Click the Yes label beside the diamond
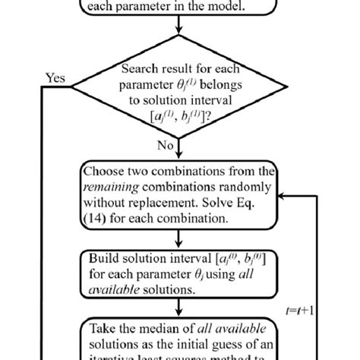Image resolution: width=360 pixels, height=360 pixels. coord(55,77)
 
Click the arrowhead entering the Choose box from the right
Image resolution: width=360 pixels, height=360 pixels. coord(283,195)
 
